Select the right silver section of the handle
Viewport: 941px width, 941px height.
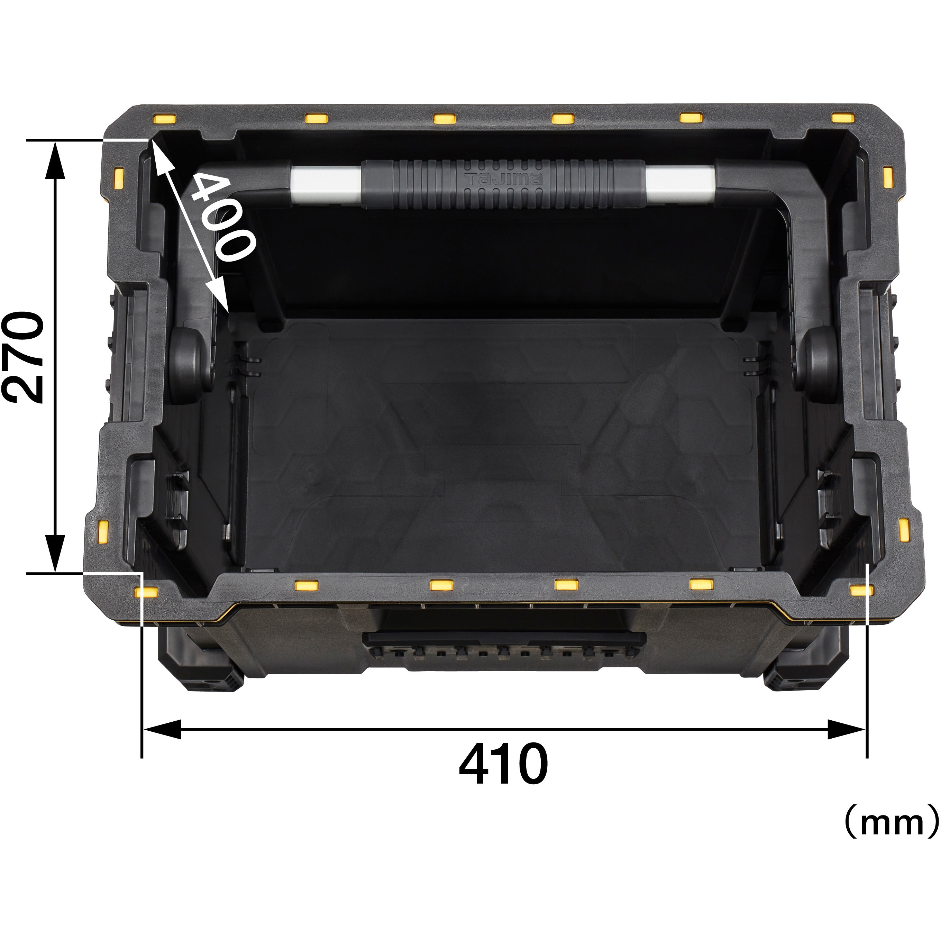point(680,182)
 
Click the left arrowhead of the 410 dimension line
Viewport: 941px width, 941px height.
point(161,730)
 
